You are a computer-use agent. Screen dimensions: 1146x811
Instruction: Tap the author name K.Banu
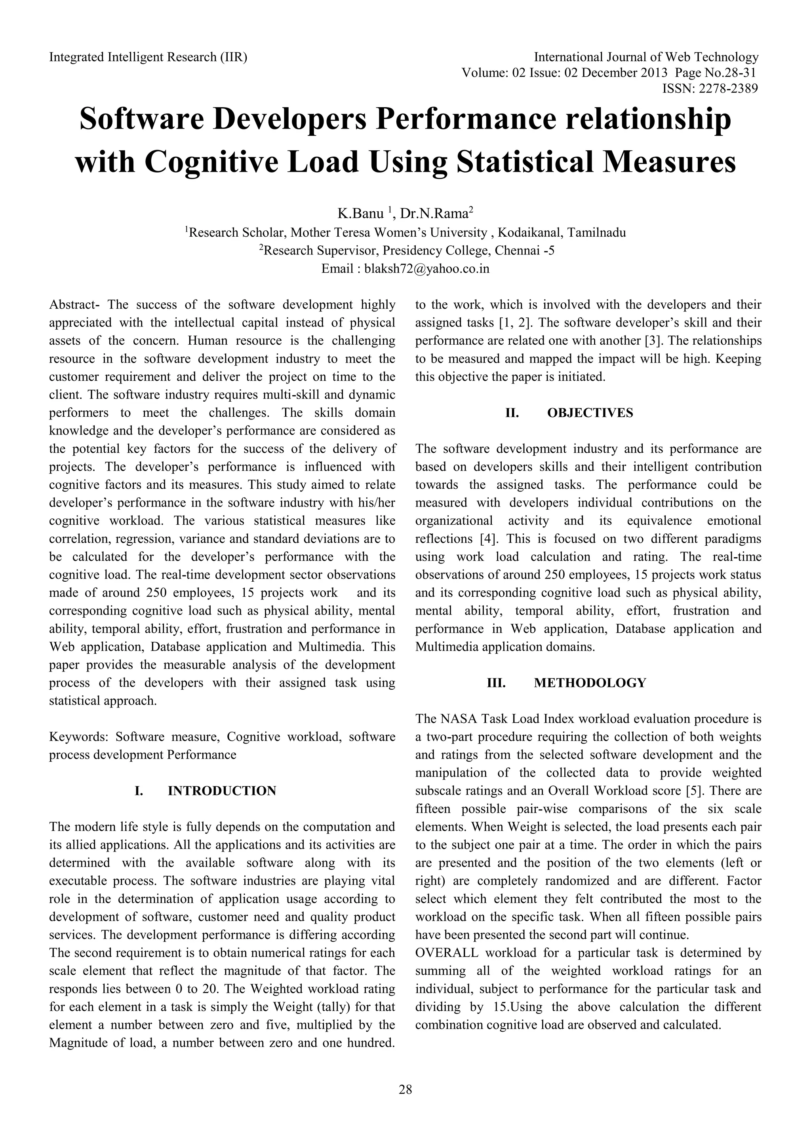pos(361,214)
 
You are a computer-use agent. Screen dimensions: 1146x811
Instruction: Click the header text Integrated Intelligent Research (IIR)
pos(148,57)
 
